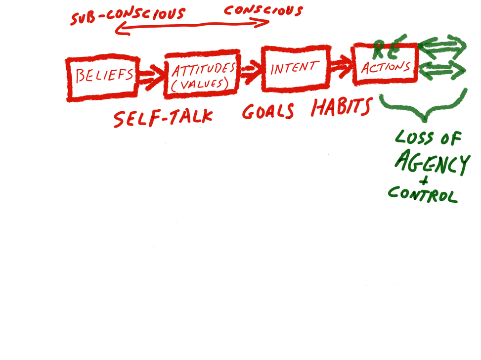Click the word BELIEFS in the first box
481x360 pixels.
point(104,75)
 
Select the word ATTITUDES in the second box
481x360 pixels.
point(204,69)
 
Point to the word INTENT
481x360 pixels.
point(294,68)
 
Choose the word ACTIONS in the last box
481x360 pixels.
point(386,67)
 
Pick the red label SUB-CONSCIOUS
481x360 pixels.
point(128,15)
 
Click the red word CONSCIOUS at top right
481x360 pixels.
point(263,10)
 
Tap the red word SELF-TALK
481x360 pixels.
point(163,118)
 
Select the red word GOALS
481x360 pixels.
point(268,111)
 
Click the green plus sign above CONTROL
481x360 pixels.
point(424,180)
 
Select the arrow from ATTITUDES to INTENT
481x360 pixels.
point(251,72)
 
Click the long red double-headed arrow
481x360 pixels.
point(193,26)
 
